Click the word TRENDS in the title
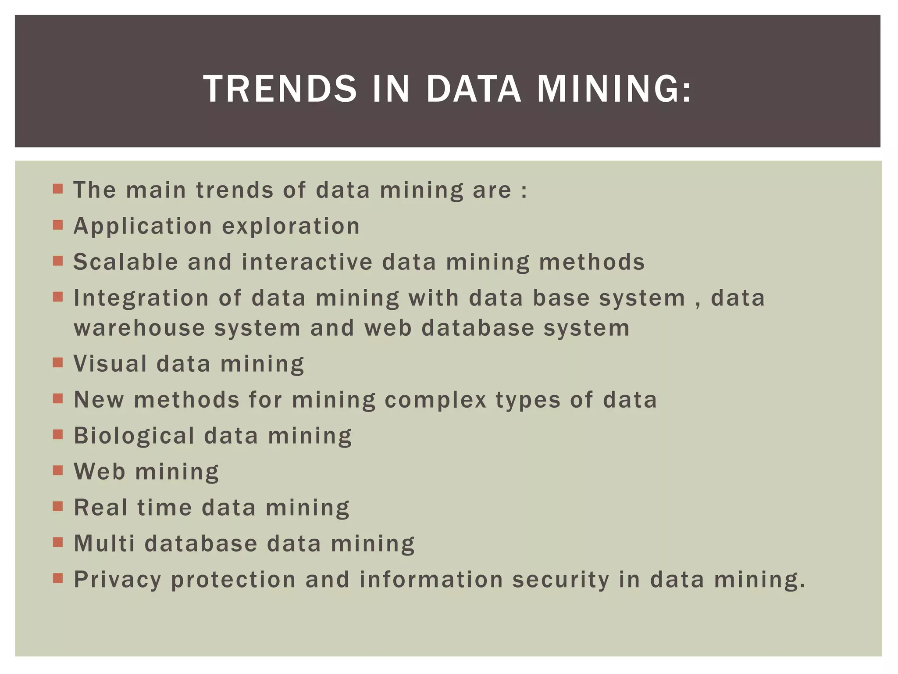tap(280, 89)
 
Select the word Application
tap(143, 226)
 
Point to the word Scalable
tap(126, 262)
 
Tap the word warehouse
tap(139, 328)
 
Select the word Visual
tap(110, 364)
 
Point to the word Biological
tap(134, 436)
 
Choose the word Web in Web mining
tap(100, 472)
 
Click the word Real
tap(100, 508)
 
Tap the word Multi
tap(104, 544)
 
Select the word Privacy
tap(118, 580)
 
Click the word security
tap(561, 580)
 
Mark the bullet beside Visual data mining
tap(57, 363)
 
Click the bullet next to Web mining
tap(57, 470)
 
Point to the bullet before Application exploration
tap(57, 225)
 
